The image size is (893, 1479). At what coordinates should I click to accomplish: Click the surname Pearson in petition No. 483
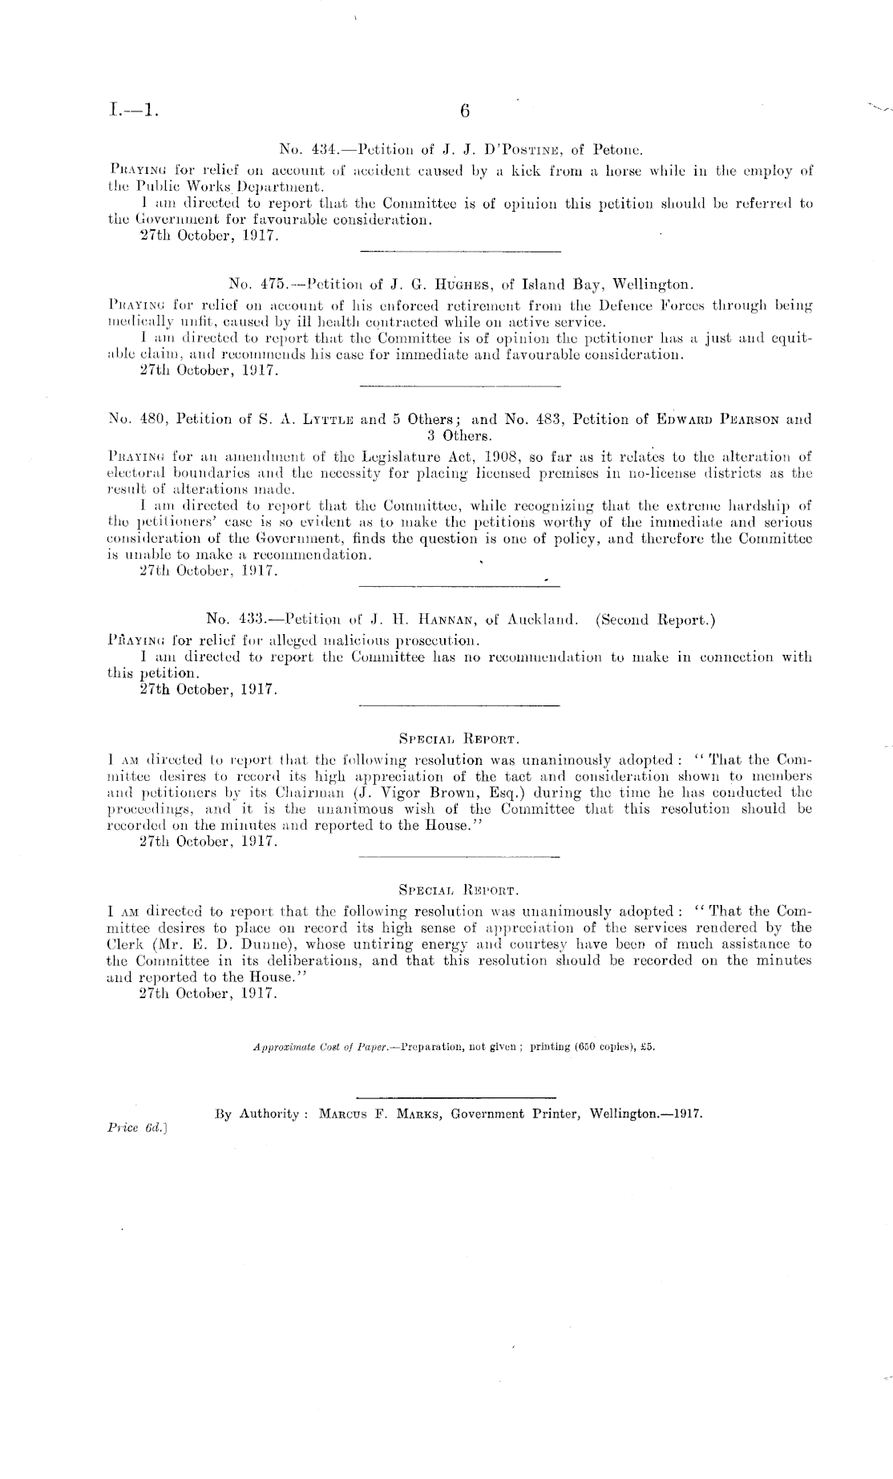pos(746,419)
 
